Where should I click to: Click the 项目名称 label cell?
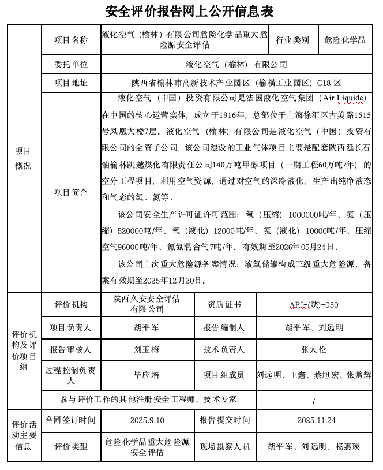tap(71, 40)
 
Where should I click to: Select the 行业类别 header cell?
tap(292, 40)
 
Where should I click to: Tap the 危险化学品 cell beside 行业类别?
tap(345, 40)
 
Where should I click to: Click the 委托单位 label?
tap(71, 64)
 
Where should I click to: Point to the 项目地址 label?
tap(71, 83)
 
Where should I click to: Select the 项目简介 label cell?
tap(71, 192)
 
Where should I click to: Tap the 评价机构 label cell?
tap(71, 304)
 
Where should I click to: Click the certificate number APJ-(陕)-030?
tap(314, 304)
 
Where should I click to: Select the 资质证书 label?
tap(224, 304)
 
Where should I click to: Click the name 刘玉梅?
tap(147, 349)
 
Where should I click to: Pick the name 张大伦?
tap(314, 349)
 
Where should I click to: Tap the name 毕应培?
tap(147, 374)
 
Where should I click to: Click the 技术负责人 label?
tap(224, 349)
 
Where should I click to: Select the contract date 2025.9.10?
tap(147, 420)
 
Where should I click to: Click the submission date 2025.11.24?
tap(314, 420)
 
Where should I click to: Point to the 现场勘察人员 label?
tap(224, 446)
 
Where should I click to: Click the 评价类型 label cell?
tap(71, 446)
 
